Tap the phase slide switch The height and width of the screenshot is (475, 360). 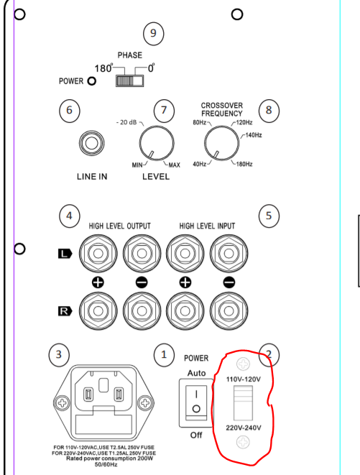coord(129,81)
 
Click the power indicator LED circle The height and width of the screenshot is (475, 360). coord(91,81)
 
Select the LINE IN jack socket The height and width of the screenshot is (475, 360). coord(92,143)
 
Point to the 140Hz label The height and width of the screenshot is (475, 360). coord(254,135)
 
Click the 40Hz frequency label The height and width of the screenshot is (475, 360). coord(199,164)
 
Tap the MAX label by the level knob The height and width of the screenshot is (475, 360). coord(174,165)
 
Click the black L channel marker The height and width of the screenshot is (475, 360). coord(65,254)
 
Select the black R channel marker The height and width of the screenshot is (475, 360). coord(65,311)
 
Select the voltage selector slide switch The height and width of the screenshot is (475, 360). coord(243,403)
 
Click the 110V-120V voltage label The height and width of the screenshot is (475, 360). coord(244,379)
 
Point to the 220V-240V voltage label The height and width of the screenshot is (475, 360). coord(244,428)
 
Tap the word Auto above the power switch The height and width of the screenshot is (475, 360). coord(196,373)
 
